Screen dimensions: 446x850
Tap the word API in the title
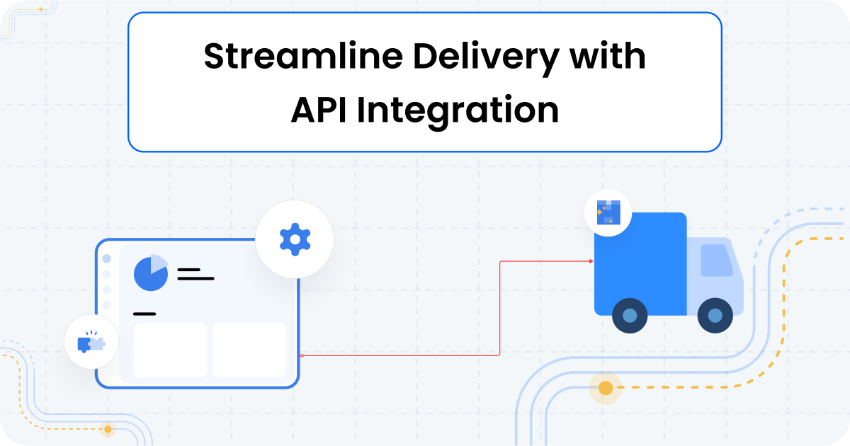(319, 111)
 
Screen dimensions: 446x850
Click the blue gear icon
(295, 239)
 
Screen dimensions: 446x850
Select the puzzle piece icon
(91, 343)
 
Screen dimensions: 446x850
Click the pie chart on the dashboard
(151, 273)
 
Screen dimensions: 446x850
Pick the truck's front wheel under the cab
(715, 316)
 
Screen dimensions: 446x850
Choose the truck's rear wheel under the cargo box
(630, 316)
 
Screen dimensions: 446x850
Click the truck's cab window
(716, 261)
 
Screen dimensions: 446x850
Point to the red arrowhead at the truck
(591, 261)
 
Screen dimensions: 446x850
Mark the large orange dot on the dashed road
(606, 388)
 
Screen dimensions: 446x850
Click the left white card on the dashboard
(170, 350)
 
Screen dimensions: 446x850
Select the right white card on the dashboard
(249, 350)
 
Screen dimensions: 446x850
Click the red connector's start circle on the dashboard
(302, 355)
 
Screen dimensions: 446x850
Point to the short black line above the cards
(144, 314)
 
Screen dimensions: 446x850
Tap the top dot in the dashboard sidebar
(107, 259)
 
